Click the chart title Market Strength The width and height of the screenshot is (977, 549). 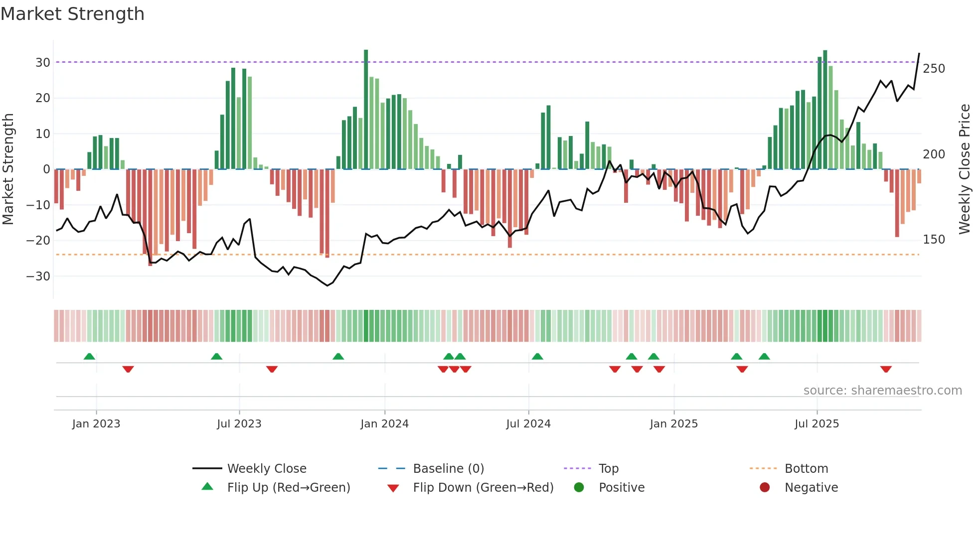point(72,14)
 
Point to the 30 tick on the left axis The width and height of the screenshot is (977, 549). point(43,63)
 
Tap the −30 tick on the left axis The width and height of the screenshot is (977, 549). point(39,276)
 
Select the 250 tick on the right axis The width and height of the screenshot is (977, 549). point(934,69)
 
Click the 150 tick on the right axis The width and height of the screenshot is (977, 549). point(934,240)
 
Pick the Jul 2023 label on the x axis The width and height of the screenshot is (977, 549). point(239,424)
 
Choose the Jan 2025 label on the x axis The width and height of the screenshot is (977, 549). point(673,424)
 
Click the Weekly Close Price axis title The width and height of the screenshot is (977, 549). point(965,169)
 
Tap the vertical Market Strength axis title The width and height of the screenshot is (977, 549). point(8,169)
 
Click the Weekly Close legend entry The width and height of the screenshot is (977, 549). point(266,469)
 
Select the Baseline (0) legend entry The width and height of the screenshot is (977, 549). point(448,469)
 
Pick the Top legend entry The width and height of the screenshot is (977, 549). point(608,469)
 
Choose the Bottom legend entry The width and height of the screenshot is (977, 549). point(806,469)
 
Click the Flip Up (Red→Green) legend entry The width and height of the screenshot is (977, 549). point(288,488)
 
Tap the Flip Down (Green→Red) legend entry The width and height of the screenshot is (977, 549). point(483,488)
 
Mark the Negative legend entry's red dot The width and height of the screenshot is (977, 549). point(765,488)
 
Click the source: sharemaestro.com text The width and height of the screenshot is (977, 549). point(882,391)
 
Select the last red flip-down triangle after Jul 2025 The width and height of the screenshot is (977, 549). point(886,369)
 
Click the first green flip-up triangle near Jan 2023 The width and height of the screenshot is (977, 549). point(89,356)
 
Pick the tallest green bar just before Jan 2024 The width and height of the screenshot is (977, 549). point(366,110)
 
